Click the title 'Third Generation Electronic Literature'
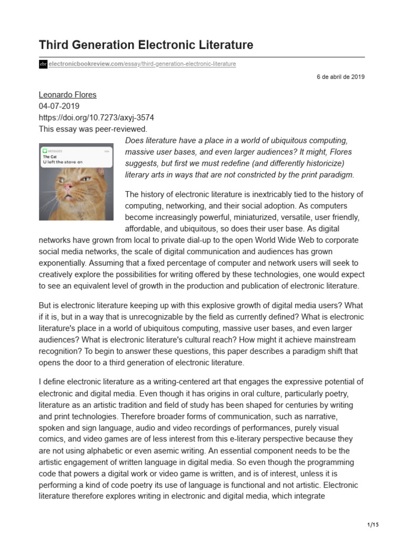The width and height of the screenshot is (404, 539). point(146,45)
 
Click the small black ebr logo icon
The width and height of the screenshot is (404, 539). point(43,64)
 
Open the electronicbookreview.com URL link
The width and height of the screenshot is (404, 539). point(142,64)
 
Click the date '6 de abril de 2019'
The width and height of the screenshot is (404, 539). point(340,77)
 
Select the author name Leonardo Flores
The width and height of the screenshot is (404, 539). point(68,95)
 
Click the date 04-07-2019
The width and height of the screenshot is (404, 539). point(59,106)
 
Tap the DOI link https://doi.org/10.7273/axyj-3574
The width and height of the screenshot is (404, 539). point(96,117)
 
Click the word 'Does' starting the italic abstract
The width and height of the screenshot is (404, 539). point(135,141)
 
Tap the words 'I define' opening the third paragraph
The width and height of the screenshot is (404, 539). point(54,382)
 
